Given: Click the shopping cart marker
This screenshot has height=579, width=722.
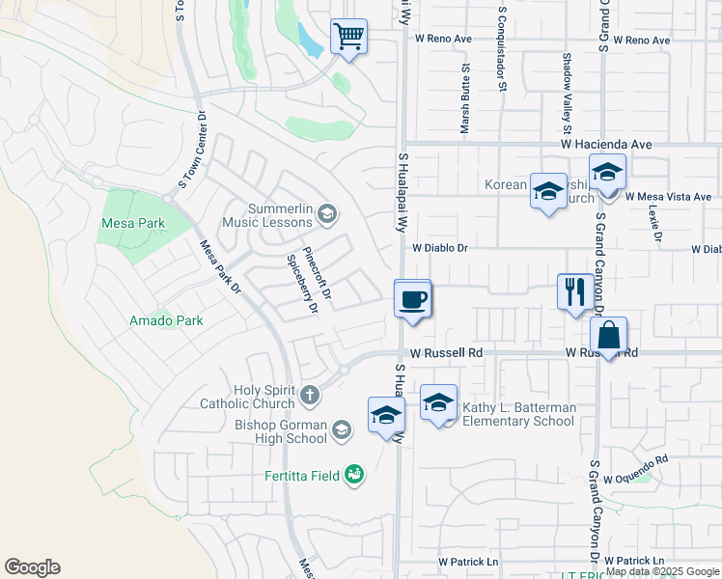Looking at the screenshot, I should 348,38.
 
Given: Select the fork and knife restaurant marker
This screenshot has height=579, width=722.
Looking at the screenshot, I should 575,291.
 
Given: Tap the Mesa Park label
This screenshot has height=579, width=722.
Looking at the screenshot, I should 133,223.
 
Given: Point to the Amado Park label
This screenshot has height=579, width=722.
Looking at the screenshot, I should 167,320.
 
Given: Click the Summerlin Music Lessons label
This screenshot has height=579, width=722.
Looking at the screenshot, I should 281,215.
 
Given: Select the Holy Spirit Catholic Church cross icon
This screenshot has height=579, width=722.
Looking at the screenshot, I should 310,395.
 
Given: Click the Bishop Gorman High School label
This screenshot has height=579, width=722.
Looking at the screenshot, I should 281,431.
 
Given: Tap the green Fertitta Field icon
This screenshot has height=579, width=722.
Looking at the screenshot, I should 355,474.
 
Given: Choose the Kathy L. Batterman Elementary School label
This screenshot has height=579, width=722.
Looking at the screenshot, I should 518,414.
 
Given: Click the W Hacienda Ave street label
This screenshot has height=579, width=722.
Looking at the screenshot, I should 607,144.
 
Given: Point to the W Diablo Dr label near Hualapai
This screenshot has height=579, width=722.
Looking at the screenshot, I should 439,248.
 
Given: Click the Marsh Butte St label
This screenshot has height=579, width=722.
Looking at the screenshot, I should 465,98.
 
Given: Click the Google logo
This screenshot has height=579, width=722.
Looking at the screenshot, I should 32,567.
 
